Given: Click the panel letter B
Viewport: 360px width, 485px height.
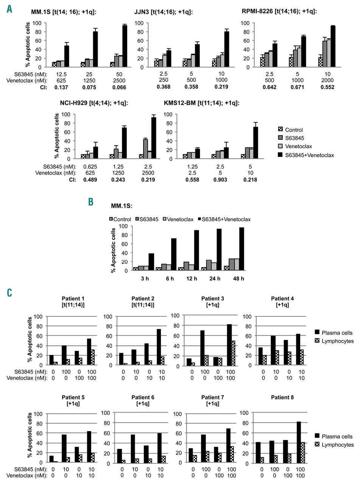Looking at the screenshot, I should click(x=91, y=202).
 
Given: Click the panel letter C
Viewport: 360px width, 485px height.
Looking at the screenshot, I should click(x=9, y=292).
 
